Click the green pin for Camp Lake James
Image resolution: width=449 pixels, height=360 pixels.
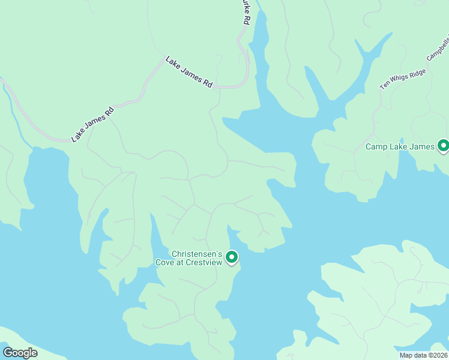(443, 146)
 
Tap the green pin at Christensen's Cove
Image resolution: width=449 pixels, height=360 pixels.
(231, 257)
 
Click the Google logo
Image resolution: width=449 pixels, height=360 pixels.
(20, 352)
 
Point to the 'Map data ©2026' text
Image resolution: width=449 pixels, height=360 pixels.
(423, 355)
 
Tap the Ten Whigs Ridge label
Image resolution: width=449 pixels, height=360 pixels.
(403, 79)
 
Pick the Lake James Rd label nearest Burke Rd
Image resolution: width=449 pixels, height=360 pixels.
(189, 73)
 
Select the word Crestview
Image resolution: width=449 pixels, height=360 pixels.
(206, 262)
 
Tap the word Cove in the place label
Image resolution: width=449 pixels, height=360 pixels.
(166, 262)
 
